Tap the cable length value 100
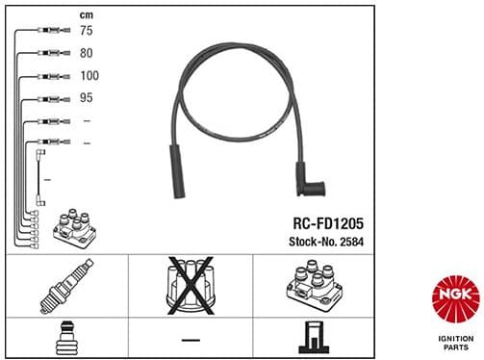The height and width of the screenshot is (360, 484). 90,74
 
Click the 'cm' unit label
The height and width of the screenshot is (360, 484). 87,13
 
